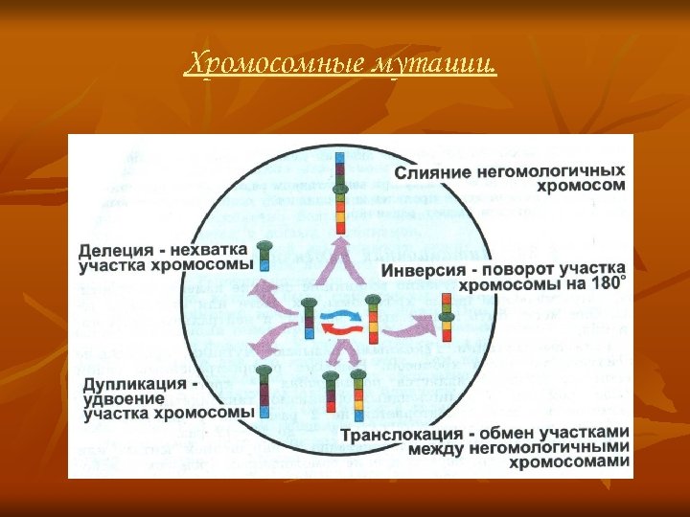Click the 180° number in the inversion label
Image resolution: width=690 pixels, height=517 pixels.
pyautogui.click(x=609, y=285)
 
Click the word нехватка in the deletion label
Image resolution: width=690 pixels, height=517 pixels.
pyautogui.click(x=210, y=250)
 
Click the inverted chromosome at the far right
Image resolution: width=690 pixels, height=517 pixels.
pyautogui.click(x=447, y=316)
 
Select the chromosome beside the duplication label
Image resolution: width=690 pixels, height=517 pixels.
pyautogui.click(x=264, y=393)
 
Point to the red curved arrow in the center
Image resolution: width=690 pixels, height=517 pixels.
pyautogui.click(x=339, y=328)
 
